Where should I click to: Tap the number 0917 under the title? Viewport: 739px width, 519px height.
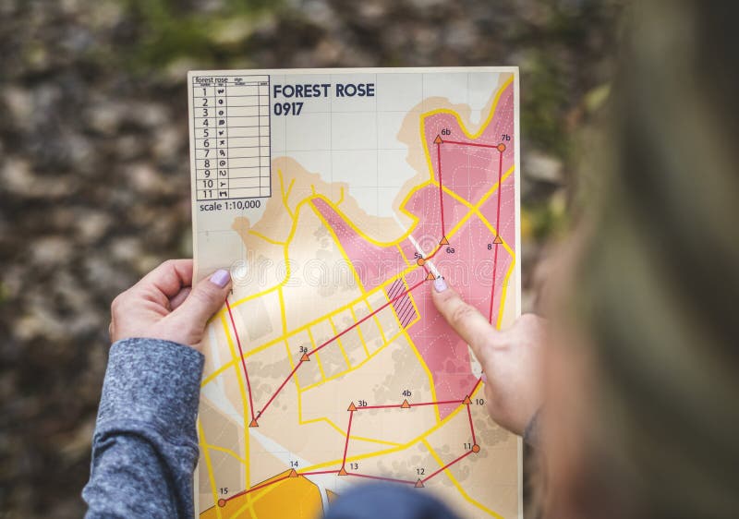[288, 109]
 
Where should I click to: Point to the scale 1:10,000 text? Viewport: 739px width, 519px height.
[230, 205]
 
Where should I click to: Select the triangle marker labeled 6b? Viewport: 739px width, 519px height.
[438, 139]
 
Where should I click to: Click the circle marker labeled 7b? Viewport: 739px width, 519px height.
[501, 147]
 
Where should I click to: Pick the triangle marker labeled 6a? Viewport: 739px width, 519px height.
[443, 240]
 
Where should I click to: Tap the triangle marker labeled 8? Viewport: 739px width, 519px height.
[497, 240]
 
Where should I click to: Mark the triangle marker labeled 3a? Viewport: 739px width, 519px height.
[305, 356]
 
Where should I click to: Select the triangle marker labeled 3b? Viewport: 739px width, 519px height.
[351, 406]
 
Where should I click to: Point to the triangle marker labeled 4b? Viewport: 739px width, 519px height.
[405, 404]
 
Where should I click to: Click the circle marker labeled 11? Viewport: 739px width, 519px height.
[475, 449]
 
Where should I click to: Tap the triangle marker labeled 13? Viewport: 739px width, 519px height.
[342, 471]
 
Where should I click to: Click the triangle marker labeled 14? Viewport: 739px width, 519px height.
[293, 473]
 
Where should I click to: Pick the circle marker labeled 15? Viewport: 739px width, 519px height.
[221, 502]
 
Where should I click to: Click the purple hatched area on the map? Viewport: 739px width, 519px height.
[402, 301]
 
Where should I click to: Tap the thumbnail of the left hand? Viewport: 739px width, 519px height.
[220, 278]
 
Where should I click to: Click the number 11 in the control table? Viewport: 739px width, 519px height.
[208, 194]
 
